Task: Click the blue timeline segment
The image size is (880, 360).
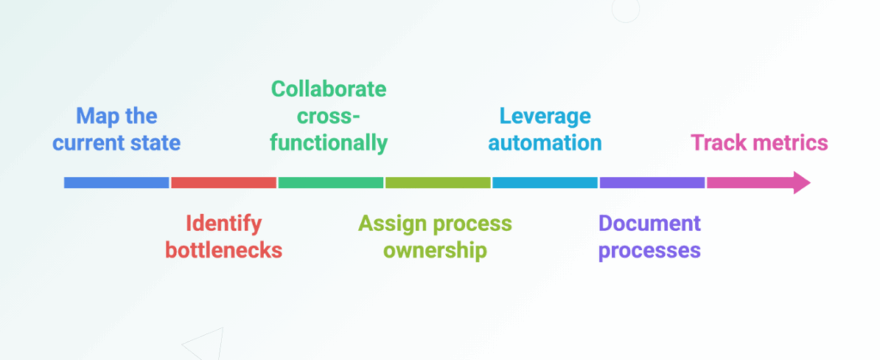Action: (116, 182)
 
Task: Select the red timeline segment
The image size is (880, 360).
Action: (223, 182)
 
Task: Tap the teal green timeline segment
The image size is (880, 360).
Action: (331, 182)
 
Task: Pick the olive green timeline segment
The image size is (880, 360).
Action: (437, 182)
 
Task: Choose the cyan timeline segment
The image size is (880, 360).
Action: (545, 182)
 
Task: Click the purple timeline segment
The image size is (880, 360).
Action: (652, 182)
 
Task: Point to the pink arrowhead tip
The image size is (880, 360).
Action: (810, 183)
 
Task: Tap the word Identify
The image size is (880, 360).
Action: (223, 223)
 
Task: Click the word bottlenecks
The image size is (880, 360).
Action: (223, 250)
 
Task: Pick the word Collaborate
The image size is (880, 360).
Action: (329, 89)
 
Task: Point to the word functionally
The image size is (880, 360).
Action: (329, 143)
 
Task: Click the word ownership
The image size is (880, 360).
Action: (435, 251)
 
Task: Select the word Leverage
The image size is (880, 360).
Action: (545, 117)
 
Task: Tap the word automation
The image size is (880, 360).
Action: (545, 143)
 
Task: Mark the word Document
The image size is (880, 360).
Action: (650, 223)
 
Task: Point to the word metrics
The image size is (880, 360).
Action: (789, 143)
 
